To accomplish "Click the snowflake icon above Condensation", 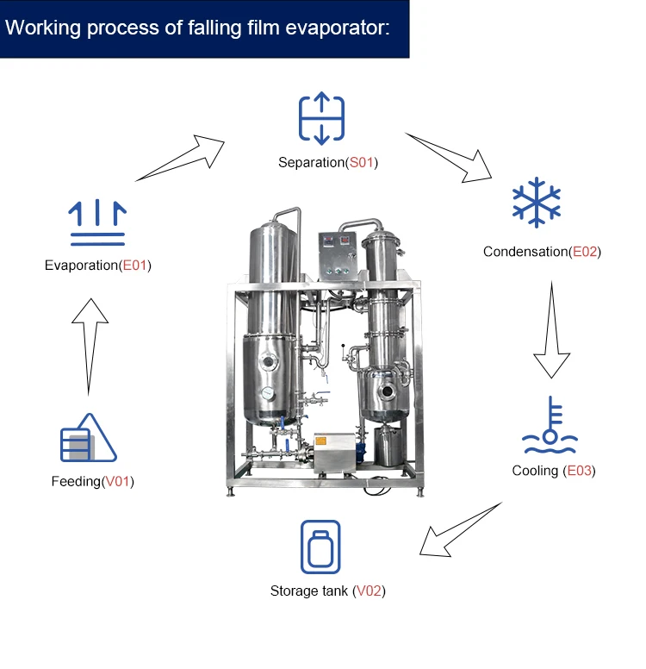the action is (x=536, y=203).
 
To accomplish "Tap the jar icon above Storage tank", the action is (x=320, y=547).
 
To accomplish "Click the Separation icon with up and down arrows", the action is (x=321, y=118).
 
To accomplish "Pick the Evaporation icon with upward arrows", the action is (x=97, y=222).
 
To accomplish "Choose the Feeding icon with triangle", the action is (x=88, y=437).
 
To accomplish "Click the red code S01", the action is (x=361, y=163).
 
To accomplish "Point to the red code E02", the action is (x=585, y=252).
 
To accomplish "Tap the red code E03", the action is (x=579, y=471).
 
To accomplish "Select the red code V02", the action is (x=369, y=591).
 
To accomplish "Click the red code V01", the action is (x=117, y=481).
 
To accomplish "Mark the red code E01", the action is (x=134, y=266).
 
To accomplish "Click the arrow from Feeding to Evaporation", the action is (x=89, y=347).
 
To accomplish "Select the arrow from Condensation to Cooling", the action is (x=551, y=329).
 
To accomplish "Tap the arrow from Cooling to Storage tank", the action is (x=460, y=530).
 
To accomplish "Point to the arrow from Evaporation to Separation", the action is (x=180, y=158).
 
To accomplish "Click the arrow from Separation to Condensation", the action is (x=449, y=157).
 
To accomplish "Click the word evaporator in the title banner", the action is (x=338, y=28).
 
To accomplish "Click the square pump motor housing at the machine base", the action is (x=335, y=453).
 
